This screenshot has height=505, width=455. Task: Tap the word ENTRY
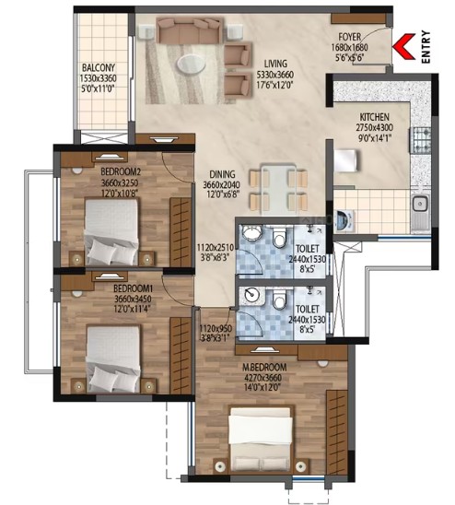click(426, 47)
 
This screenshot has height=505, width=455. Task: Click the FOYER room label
click(349, 37)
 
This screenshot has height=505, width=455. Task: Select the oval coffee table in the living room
click(191, 64)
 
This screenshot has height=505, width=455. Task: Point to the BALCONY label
click(99, 67)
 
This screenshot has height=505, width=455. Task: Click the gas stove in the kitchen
click(420, 140)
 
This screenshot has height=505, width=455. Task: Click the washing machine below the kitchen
click(344, 221)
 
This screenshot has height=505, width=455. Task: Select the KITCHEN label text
click(374, 117)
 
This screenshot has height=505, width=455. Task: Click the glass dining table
click(278, 190)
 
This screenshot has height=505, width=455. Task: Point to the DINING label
click(222, 174)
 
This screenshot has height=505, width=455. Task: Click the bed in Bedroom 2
click(111, 231)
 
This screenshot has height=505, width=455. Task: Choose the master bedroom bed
click(261, 439)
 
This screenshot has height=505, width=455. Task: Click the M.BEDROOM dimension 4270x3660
click(263, 378)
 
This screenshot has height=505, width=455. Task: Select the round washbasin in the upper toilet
click(251, 232)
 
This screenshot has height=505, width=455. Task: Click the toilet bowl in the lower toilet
click(279, 299)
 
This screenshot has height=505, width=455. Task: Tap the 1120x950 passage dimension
click(216, 328)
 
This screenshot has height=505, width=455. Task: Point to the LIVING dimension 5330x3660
click(275, 75)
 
